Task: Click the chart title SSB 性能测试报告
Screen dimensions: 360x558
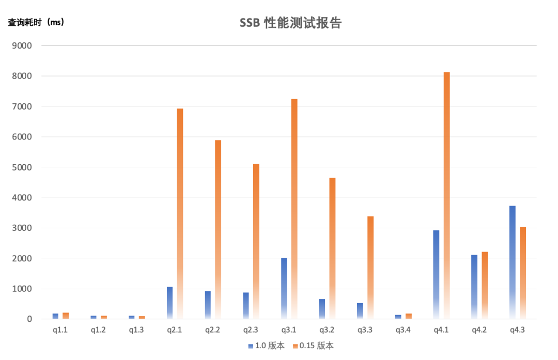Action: click(290, 23)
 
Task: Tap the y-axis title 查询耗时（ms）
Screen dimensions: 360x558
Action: click(36, 22)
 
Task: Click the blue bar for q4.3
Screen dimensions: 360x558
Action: click(512, 262)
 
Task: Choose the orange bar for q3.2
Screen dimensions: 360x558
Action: click(332, 248)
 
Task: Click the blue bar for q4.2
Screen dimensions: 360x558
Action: click(474, 287)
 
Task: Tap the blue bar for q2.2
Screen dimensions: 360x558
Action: click(208, 305)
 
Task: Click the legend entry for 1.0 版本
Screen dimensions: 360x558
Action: click(266, 346)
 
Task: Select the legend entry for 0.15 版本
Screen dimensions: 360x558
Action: click(313, 346)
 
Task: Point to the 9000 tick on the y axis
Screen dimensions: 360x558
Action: click(22, 45)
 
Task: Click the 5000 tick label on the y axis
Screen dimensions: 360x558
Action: click(22, 167)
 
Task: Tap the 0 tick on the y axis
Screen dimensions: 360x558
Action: click(29, 319)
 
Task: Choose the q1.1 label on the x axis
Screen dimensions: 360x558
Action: click(60, 330)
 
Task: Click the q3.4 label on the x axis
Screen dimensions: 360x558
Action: click(403, 330)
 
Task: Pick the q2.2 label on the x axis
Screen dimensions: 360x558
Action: click(213, 330)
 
